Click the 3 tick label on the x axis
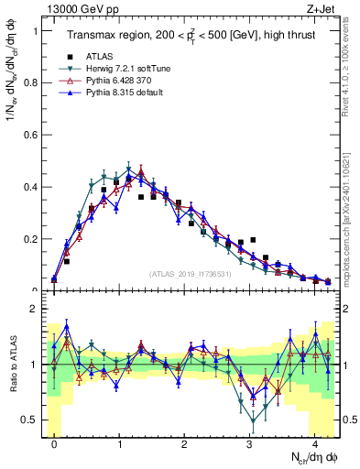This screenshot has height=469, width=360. point(250,442)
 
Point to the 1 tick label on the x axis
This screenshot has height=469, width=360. point(119,442)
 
